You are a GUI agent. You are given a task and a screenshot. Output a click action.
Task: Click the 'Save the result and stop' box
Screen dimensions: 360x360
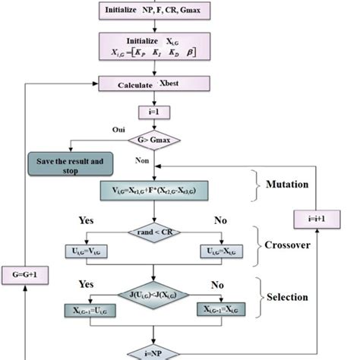[x=69, y=163]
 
